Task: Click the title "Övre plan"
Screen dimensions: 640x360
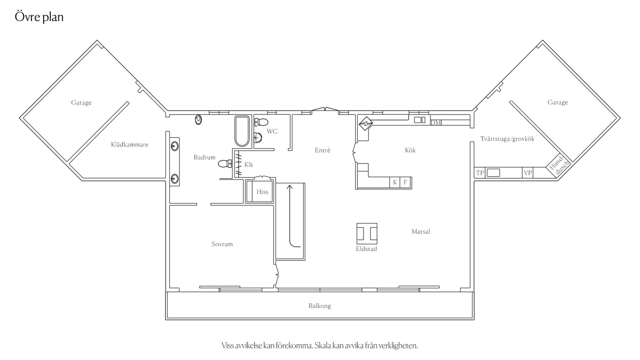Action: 39,17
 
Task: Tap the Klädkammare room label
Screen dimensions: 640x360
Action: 130,145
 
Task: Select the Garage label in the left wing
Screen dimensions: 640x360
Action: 81,103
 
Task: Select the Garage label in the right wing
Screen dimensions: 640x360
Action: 558,102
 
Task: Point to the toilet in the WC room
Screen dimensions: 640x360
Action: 261,122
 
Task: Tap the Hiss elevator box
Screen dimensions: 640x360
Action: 259,191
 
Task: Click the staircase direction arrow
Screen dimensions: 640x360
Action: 290,217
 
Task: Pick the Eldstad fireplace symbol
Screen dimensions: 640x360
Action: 367,233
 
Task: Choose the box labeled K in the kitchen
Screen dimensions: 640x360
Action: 395,182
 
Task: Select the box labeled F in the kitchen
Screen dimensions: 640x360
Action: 405,182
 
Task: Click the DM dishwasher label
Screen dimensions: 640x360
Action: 436,123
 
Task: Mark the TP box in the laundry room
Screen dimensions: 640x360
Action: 480,173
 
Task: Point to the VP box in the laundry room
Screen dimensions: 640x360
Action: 528,173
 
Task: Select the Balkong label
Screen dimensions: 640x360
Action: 320,306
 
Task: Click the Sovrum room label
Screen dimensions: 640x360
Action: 222,244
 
